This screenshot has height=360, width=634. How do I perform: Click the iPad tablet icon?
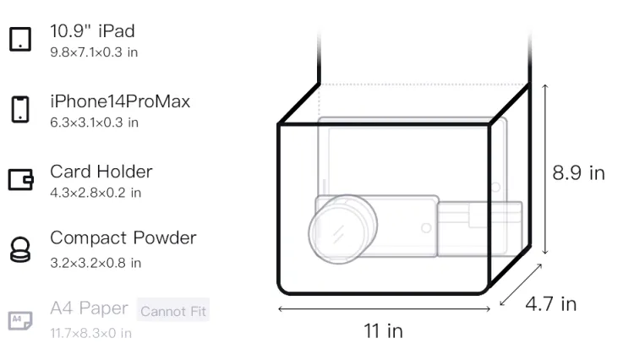coord(20,39)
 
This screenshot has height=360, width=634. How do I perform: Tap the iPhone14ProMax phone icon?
coord(20,109)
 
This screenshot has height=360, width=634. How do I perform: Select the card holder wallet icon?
coord(20,179)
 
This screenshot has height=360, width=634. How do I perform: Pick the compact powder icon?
coord(20,249)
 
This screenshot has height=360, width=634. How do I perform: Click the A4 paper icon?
coord(20,320)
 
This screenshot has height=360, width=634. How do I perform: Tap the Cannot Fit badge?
coord(173,310)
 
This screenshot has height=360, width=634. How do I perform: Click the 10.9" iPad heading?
coord(92,31)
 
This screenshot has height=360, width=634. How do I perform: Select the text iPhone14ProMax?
coord(120,101)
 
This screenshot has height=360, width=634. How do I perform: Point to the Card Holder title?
coord(101,172)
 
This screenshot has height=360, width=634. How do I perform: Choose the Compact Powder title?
coord(123,238)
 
